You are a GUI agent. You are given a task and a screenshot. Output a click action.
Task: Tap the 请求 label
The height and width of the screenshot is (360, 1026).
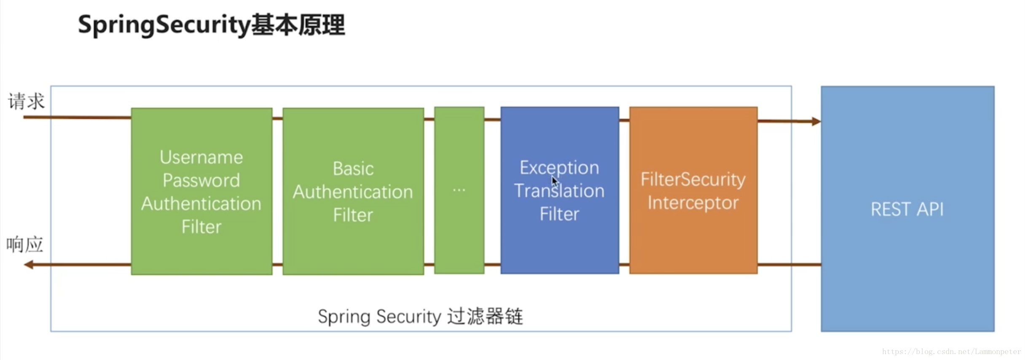pos(26,102)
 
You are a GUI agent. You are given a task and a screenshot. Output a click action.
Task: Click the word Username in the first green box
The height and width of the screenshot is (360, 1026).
pos(201,158)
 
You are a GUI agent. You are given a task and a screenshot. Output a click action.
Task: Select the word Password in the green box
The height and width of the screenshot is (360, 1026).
pos(201,181)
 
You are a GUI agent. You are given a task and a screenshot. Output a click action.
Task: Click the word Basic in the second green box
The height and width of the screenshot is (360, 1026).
pos(353,169)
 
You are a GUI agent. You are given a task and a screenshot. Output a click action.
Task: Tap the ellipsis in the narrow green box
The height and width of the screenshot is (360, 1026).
pos(459,191)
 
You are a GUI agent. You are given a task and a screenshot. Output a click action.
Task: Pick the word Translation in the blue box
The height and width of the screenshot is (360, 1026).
pos(559,191)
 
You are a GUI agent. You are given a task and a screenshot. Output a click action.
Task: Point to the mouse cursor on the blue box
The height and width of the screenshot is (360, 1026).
pos(554,181)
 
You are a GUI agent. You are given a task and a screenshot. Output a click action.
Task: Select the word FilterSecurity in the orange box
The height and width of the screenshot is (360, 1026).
pos(693,180)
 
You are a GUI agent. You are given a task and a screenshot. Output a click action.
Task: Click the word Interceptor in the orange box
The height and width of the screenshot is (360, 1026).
pos(693,203)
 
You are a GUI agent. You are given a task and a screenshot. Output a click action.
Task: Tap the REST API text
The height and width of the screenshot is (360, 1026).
pos(907,210)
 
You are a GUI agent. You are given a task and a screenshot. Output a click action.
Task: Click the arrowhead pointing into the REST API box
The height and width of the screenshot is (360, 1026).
pos(816,121)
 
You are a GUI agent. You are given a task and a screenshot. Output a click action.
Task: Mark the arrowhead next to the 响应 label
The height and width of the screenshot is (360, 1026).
pos(29,265)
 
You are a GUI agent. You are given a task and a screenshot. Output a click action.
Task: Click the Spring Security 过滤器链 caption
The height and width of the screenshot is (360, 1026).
pos(420,317)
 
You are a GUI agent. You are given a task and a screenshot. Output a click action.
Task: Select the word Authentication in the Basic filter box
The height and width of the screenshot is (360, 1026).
pos(353,192)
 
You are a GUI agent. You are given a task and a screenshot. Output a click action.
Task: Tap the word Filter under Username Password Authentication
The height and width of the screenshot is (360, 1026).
pos(201,227)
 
